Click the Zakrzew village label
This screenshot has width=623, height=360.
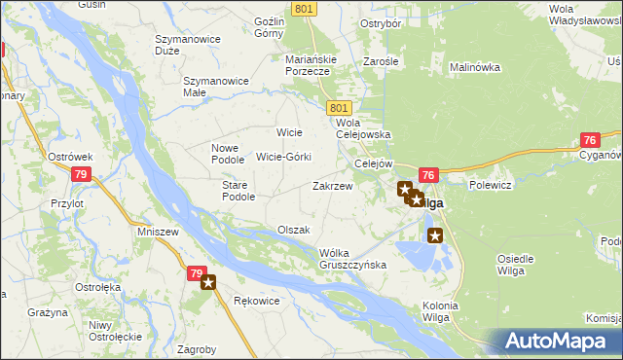pos(332,185)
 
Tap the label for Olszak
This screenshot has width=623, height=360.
pos(293,230)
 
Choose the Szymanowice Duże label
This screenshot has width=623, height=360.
pos(185,45)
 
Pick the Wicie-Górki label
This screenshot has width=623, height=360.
pos(283,157)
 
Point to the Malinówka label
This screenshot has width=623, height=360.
pos(474,68)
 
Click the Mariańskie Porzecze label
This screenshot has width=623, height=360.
pos(311,65)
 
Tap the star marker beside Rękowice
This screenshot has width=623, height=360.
pos(207,283)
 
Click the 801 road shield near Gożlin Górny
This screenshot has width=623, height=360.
pos(303,9)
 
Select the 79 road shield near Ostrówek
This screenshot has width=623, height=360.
pos(81,174)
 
